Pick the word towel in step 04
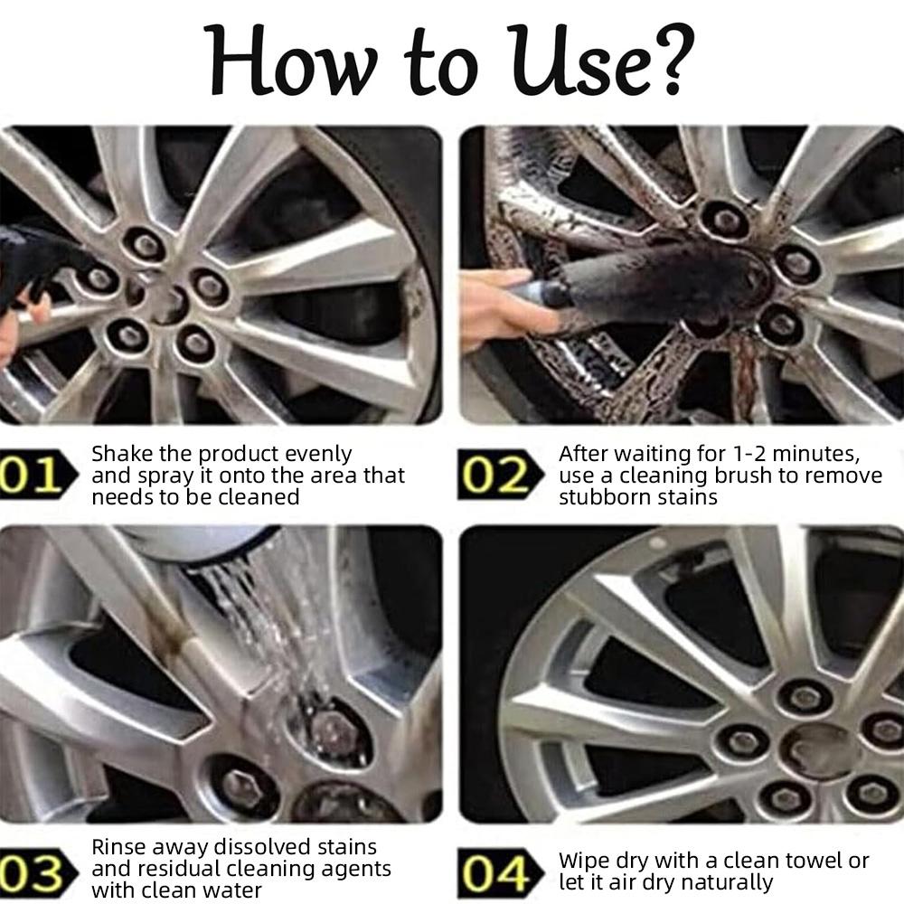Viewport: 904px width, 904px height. tap(808, 861)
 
